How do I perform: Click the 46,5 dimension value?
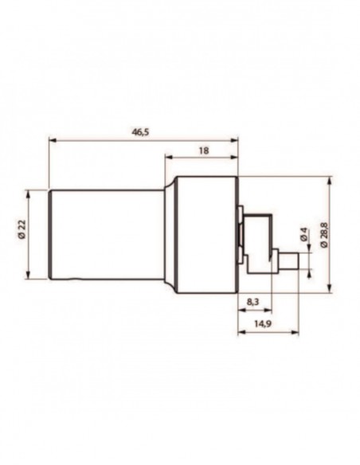[x=140, y=132]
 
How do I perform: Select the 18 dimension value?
[x=203, y=150]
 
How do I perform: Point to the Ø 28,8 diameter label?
[x=324, y=235]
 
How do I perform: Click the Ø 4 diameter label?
[x=303, y=234]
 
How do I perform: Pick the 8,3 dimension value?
[x=253, y=302]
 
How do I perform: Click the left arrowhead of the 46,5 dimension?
[x=53, y=139]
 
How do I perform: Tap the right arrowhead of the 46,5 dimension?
[x=234, y=140]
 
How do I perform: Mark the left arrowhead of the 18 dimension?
[x=169, y=156]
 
